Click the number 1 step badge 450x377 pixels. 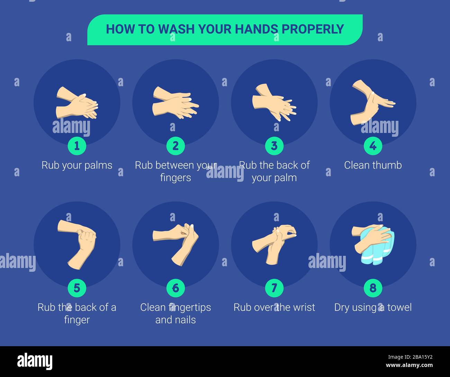click(77, 146)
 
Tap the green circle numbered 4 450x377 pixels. click(373, 146)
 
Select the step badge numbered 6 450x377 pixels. click(175, 288)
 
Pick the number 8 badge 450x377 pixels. click(373, 288)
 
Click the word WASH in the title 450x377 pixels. click(176, 29)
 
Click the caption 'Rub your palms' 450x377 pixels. click(77, 165)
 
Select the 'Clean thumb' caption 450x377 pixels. click(373, 165)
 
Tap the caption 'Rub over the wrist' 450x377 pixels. click(274, 307)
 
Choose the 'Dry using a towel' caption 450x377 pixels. click(373, 307)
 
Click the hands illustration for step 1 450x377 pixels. click(77, 103)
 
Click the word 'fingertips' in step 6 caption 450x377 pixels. click(189, 307)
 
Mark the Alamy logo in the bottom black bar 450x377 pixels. click(35, 361)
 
